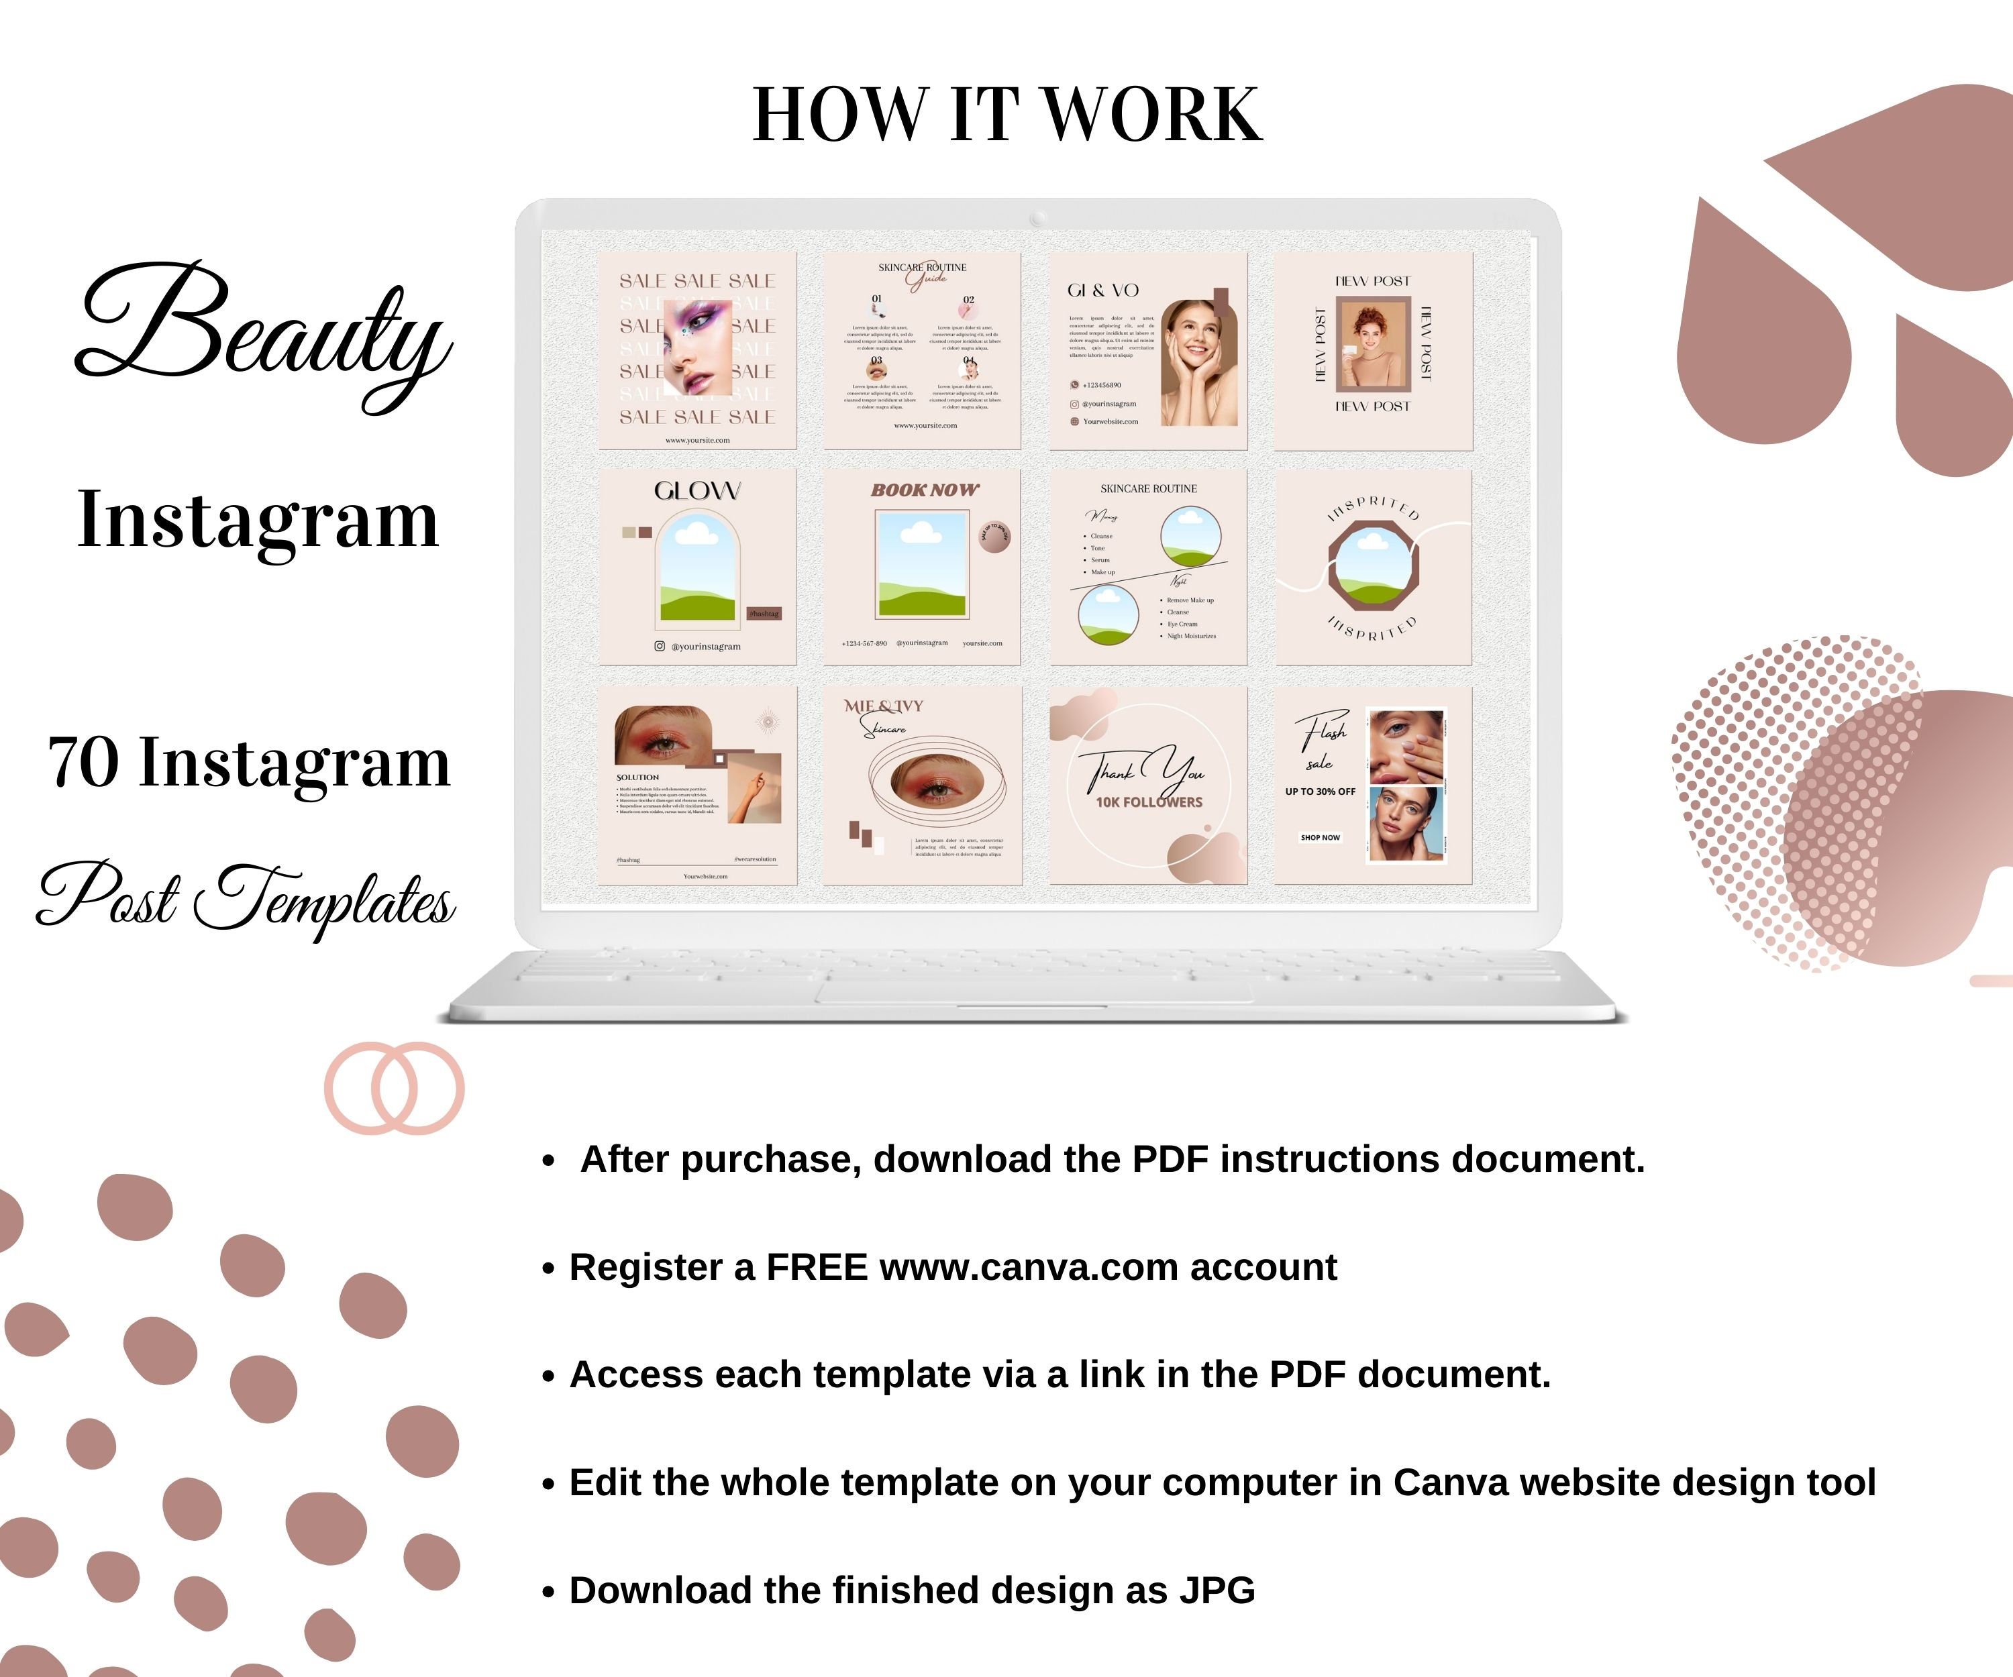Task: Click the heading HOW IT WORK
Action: tap(1007, 115)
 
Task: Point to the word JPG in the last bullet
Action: tap(1217, 1590)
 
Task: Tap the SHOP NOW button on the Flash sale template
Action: tap(1320, 838)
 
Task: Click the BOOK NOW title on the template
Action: tap(924, 490)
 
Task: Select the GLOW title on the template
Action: tap(697, 490)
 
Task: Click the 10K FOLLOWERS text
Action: tap(1148, 802)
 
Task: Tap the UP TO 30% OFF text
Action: tap(1320, 792)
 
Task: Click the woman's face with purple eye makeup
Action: tap(698, 347)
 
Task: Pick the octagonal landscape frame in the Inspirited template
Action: tap(1373, 565)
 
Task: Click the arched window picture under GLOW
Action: tap(698, 567)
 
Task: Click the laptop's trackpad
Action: tap(1033, 987)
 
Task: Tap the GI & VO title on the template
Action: tap(1102, 290)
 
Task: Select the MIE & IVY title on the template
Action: tap(883, 706)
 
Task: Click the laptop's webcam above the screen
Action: tap(1037, 219)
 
